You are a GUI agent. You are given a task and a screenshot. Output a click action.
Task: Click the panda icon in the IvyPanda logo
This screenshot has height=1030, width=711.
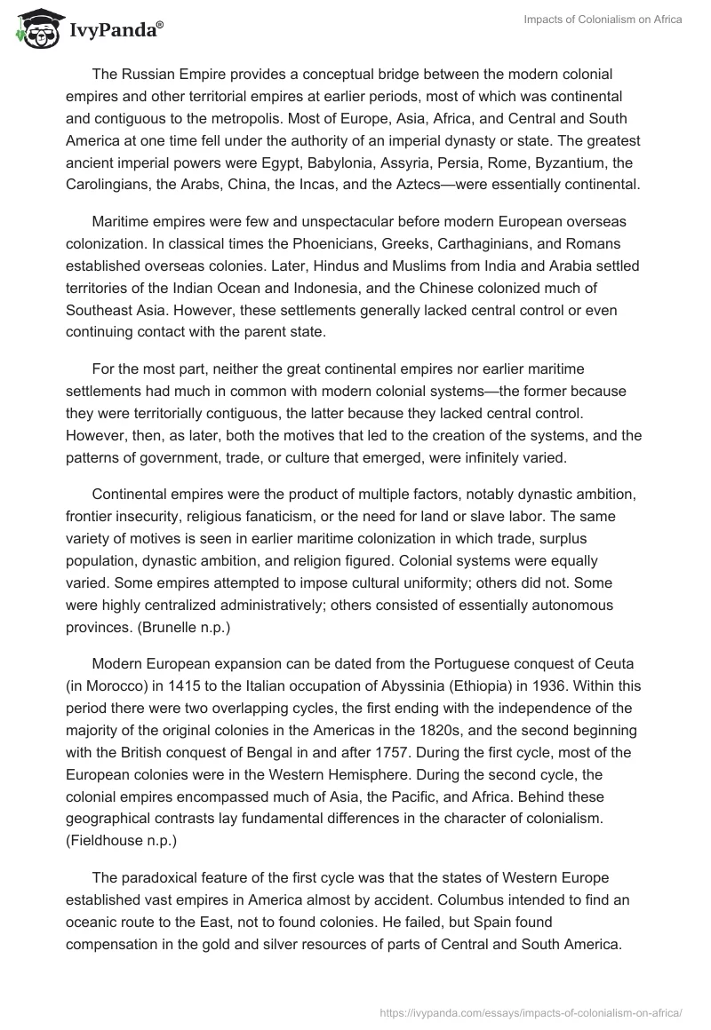coord(35,30)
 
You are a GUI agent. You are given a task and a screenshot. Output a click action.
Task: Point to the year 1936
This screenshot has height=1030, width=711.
coord(571,685)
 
